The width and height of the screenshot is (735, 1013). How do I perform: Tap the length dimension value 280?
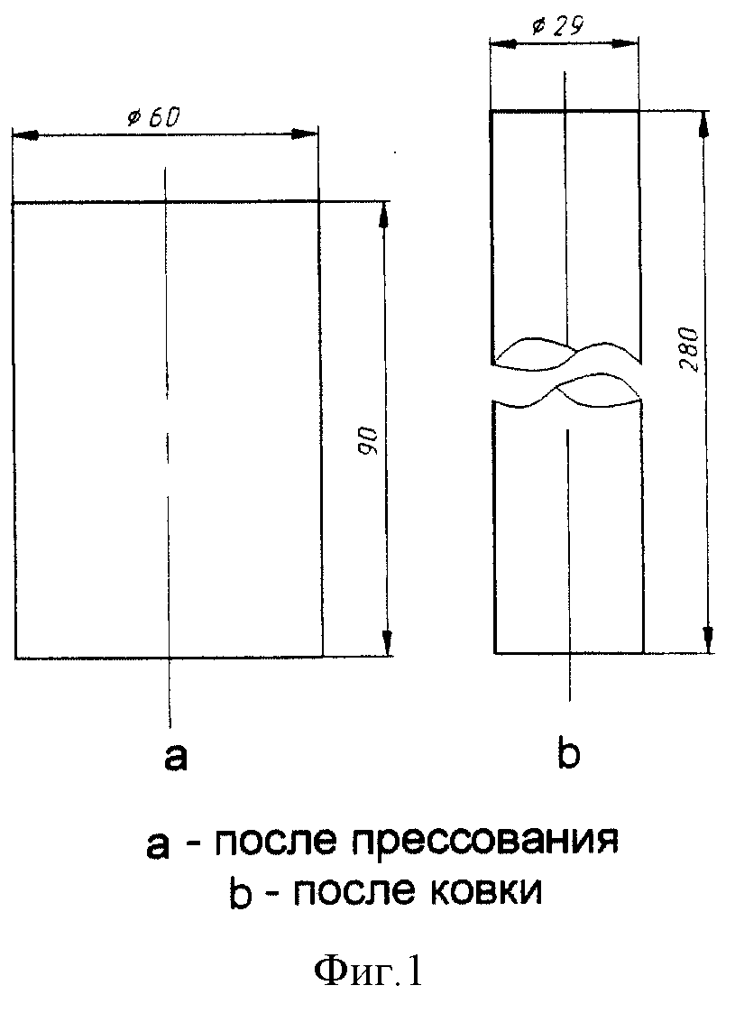coord(690,349)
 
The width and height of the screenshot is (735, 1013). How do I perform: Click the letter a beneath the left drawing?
coord(176,757)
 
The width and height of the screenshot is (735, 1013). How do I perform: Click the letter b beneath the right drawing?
coord(568,752)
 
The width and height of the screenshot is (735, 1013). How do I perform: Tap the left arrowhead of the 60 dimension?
coord(24,135)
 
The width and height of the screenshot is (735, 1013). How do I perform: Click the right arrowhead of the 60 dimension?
coord(305,134)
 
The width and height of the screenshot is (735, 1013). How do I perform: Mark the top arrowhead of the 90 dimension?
coord(384,214)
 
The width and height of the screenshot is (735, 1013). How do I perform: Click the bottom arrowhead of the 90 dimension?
coord(387,643)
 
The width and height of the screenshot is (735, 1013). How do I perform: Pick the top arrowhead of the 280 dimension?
coord(704,124)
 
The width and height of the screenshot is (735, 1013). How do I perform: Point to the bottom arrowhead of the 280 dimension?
coord(709,639)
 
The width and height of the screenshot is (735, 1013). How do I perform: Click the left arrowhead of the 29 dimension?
coord(503,44)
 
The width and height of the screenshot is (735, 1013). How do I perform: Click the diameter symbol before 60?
coord(133,119)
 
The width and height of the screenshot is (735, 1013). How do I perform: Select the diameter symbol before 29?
coord(537,27)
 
